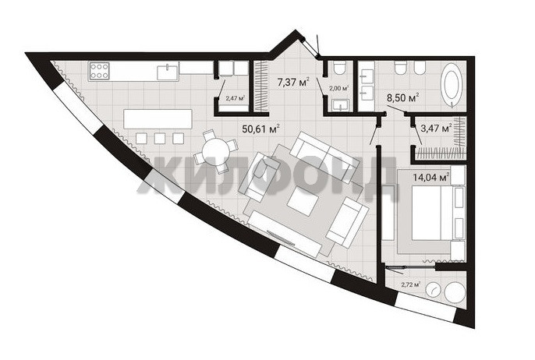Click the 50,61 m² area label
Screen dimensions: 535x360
pyautogui.click(x=261, y=129)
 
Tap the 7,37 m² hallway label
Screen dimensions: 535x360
pyautogui.click(x=293, y=83)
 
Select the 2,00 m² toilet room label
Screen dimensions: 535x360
pyautogui.click(x=338, y=88)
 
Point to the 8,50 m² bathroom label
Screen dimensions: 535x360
pyautogui.click(x=402, y=98)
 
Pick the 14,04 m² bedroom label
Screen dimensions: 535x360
pyautogui.click(x=431, y=178)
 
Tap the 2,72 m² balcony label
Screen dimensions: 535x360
pyautogui.click(x=410, y=284)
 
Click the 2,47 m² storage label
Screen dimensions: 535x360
pyautogui.click(x=236, y=98)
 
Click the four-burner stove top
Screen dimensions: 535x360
pyautogui.click(x=99, y=71)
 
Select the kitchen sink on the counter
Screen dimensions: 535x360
pyautogui.click(x=168, y=72)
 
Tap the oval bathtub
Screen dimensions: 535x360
pyautogui.click(x=452, y=85)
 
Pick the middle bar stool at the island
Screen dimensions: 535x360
pyautogui.click(x=160, y=138)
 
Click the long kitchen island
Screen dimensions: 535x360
pyautogui.click(x=158, y=118)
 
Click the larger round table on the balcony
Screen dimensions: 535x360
pyautogui.click(x=455, y=292)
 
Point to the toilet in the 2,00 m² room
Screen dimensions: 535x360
pyautogui.click(x=340, y=68)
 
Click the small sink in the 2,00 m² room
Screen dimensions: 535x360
pyautogui.click(x=341, y=105)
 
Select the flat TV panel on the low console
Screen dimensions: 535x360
pyautogui.click(x=281, y=238)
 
